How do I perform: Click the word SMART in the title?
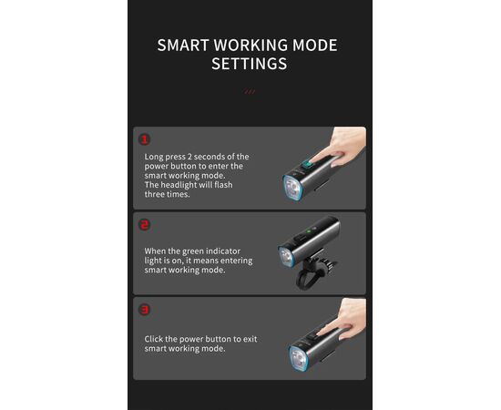coord(183,45)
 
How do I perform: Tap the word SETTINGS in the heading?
coord(250,64)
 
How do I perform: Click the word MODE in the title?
coord(315,45)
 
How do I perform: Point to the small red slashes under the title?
coord(250,92)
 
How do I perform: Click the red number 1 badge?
coord(145,139)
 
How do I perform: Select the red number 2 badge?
coord(145,225)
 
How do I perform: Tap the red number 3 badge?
coord(145,310)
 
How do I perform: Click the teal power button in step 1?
coord(308,165)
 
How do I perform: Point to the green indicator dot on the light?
coord(309,231)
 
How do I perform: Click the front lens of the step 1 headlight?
coord(292,188)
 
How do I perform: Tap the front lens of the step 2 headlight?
coord(286,256)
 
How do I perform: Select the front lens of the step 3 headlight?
coord(299,358)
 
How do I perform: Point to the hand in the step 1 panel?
coord(342,147)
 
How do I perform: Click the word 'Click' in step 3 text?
coord(154,339)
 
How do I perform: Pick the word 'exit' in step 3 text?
coord(250,339)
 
